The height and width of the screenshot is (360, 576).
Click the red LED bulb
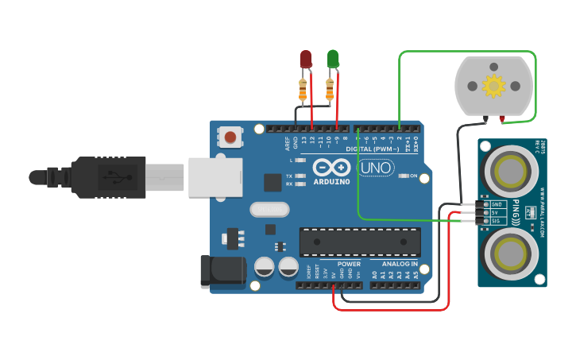pos(306,60)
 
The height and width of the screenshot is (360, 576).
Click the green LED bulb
pos(333,59)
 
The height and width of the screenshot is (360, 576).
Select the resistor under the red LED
pos(303,89)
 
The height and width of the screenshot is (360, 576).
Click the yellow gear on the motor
pos(493,85)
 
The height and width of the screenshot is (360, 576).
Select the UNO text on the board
pos(377,168)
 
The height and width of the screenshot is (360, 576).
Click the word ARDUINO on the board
pos(331,181)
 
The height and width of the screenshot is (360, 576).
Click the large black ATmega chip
pos(360,242)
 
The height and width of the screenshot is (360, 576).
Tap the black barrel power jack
pos(222,270)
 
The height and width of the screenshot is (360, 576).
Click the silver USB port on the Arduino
pos(215,176)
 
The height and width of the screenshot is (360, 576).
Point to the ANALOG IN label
pos(399,264)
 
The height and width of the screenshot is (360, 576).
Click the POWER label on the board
pos(349,264)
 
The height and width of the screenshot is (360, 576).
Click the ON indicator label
pos(413,176)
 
